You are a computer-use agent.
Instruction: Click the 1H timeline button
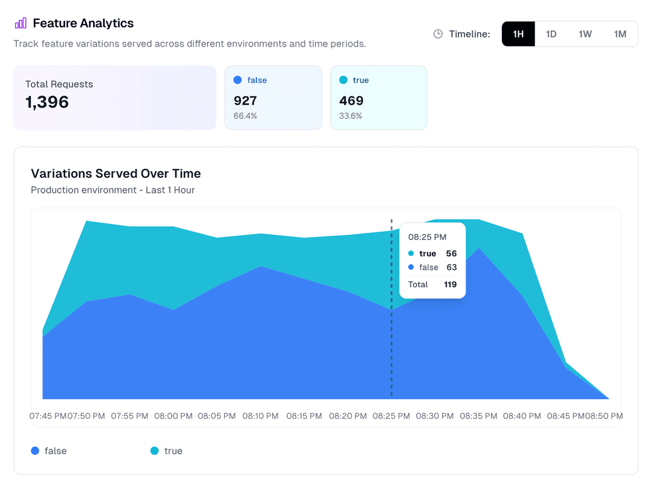[x=518, y=34]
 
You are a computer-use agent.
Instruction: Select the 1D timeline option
[x=551, y=34]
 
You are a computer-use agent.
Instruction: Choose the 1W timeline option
[x=585, y=34]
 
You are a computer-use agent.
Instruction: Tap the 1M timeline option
[x=620, y=34]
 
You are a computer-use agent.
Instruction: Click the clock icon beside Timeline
[x=438, y=34]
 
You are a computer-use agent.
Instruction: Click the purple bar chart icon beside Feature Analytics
[x=21, y=24]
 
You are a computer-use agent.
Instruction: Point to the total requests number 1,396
[x=47, y=102]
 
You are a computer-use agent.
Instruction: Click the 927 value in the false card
[x=245, y=101]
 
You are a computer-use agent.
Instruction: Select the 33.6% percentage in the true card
[x=351, y=115]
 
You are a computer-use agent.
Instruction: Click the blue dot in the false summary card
[x=238, y=80]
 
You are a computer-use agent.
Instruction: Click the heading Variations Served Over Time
[x=115, y=174]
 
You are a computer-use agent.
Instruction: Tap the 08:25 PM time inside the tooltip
[x=427, y=237]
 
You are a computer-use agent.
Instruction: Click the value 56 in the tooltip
[x=451, y=253]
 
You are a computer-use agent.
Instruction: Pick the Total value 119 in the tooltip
[x=450, y=284]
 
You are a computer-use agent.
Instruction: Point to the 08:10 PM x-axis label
[x=261, y=416]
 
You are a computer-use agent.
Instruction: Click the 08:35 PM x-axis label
[x=478, y=416]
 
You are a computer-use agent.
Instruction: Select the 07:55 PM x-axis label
[x=129, y=416]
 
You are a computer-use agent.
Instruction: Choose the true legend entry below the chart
[x=166, y=451]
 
